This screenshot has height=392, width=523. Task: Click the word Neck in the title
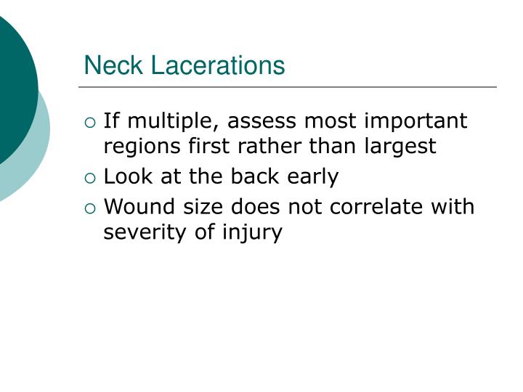[113, 65]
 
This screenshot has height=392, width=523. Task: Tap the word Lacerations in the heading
[218, 65]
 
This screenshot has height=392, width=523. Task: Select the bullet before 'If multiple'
[90, 123]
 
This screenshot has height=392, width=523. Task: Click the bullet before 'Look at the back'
[90, 178]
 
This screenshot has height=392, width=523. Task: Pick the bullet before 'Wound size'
[90, 208]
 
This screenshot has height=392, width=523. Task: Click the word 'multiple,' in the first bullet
[174, 121]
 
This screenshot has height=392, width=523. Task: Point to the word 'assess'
[261, 121]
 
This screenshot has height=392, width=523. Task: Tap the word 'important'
[415, 121]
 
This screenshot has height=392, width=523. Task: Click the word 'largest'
[400, 147]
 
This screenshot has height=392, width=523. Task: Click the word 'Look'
[128, 176]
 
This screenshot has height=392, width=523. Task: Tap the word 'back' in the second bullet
[255, 176]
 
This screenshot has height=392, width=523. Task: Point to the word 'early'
[313, 177]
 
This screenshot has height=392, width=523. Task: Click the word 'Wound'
[139, 207]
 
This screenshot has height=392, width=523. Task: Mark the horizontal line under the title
[288, 87]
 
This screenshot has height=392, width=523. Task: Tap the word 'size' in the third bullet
[203, 207]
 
